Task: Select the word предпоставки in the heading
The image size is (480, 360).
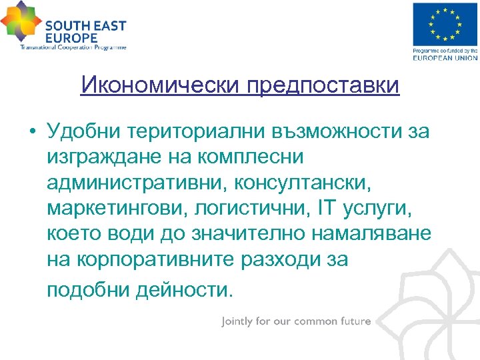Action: tap(323, 85)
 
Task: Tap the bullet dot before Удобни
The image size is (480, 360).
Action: tap(32, 132)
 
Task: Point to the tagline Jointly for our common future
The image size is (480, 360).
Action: tap(296, 321)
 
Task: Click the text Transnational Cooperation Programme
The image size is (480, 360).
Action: tap(73, 47)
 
